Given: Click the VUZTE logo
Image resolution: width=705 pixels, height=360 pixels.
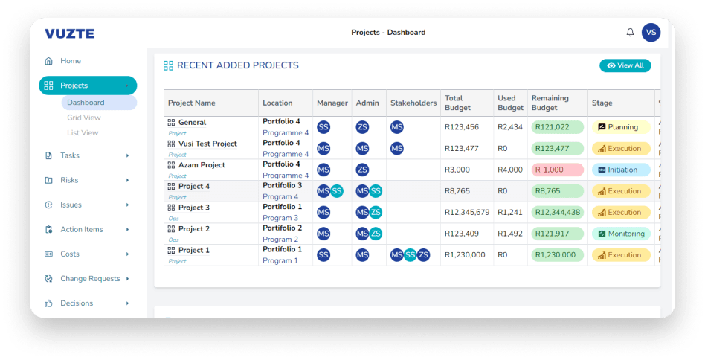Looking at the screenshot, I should [x=69, y=33].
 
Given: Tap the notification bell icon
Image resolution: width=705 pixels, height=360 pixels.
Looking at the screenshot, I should [x=630, y=33].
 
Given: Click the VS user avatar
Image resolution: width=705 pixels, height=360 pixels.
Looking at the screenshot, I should [x=651, y=33].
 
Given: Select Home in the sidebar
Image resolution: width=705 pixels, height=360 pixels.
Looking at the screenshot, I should [x=71, y=61].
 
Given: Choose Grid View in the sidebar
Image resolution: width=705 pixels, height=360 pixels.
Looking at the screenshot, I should [x=83, y=118].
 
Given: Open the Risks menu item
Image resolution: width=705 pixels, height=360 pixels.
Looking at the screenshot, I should [x=69, y=180].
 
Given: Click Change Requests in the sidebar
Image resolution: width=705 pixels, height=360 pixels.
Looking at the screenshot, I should [x=90, y=279].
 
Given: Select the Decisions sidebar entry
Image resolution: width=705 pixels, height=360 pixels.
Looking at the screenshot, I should [x=77, y=303].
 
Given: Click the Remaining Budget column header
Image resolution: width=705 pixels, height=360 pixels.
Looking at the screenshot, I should [x=550, y=103].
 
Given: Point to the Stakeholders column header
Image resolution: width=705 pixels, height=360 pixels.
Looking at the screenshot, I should [x=413, y=103].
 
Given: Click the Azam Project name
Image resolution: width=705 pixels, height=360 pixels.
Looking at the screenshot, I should [x=202, y=165].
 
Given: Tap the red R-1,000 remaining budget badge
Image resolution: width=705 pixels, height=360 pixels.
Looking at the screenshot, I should [x=558, y=170].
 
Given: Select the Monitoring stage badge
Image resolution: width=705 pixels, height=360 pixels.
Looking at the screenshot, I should [x=621, y=234].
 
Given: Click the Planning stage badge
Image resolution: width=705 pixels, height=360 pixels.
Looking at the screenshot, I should [x=621, y=127].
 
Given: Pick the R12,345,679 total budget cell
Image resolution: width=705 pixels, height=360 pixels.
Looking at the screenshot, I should [x=466, y=212].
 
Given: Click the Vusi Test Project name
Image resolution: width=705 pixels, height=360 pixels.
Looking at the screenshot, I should [x=207, y=144].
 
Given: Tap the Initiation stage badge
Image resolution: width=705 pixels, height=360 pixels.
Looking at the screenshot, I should [x=621, y=170].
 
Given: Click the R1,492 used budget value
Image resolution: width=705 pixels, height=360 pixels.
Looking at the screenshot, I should [x=510, y=234].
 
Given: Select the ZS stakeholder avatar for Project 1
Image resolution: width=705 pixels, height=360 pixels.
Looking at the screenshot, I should [x=423, y=255].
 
